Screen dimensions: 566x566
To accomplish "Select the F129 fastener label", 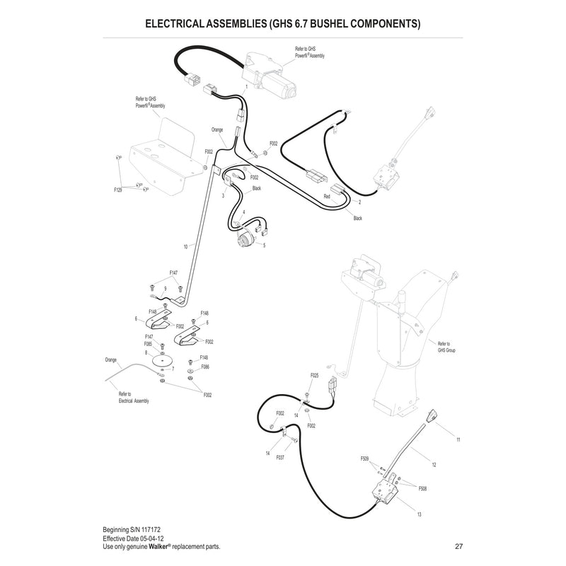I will tap(118, 190).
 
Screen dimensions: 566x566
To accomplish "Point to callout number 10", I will tap(185, 246).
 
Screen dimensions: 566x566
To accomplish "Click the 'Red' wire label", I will tap(327, 195).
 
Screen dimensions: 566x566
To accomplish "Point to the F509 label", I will tap(365, 459).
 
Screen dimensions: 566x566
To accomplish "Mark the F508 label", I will tap(423, 488).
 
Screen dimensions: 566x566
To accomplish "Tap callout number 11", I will tap(458, 440).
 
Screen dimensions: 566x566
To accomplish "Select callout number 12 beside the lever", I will tap(433, 464).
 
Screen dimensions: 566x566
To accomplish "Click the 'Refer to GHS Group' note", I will tap(447, 345).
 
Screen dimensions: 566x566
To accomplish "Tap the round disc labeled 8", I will tap(164, 361).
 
